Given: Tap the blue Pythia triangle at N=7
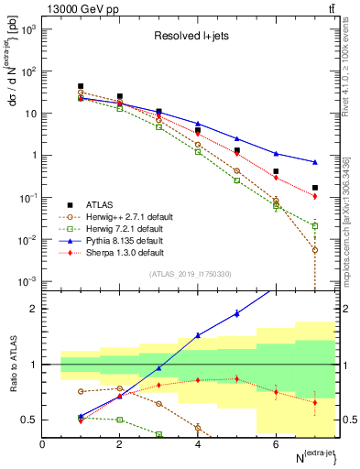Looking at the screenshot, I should click(315, 162).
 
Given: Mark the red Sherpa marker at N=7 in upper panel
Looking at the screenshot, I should click(315, 196).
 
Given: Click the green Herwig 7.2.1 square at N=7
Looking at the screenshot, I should click(315, 225).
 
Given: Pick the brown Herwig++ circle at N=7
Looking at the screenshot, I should click(315, 250).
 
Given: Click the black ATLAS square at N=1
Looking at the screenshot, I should click(81, 86).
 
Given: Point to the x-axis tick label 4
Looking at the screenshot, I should click(198, 444).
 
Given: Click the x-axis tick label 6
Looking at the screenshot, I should click(276, 444).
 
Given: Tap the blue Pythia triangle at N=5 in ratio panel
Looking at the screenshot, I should click(237, 313).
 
